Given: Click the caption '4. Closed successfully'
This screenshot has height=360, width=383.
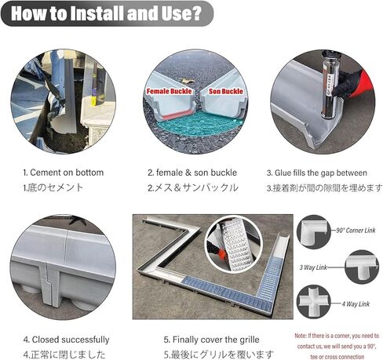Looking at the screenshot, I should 66,340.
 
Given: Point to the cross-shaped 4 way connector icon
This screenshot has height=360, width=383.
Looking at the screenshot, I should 315,301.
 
